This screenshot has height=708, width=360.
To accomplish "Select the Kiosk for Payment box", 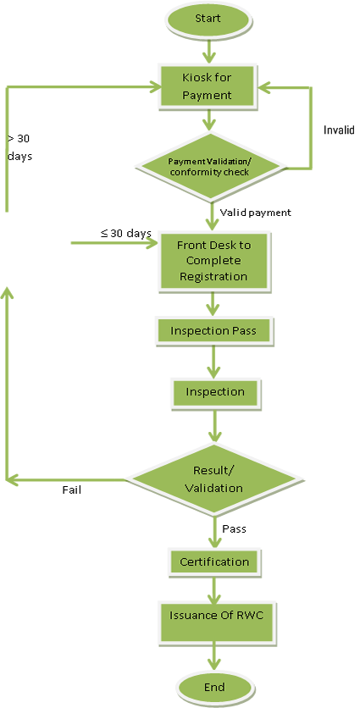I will pyautogui.click(x=207, y=86).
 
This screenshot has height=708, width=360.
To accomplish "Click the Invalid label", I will pyautogui.click(x=340, y=130).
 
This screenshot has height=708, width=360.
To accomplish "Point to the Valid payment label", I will pyautogui.click(x=255, y=213).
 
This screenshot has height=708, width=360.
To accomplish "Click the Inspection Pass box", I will pyautogui.click(x=213, y=330).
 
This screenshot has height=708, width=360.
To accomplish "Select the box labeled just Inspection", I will pyautogui.click(x=214, y=392).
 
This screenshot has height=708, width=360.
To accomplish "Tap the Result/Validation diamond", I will pyautogui.click(x=213, y=479).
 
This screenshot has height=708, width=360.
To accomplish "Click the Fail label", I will pyautogui.click(x=72, y=490).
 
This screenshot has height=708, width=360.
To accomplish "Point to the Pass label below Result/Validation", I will pyautogui.click(x=234, y=528).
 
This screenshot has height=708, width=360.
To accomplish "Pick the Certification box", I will pyautogui.click(x=214, y=561).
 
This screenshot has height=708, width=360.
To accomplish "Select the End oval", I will pyautogui.click(x=213, y=687).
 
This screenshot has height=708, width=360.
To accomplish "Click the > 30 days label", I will pyautogui.click(x=19, y=147).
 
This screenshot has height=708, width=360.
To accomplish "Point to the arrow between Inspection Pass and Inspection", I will pyautogui.click(x=213, y=361).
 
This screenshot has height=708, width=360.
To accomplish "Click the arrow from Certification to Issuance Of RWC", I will pyautogui.click(x=213, y=588).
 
